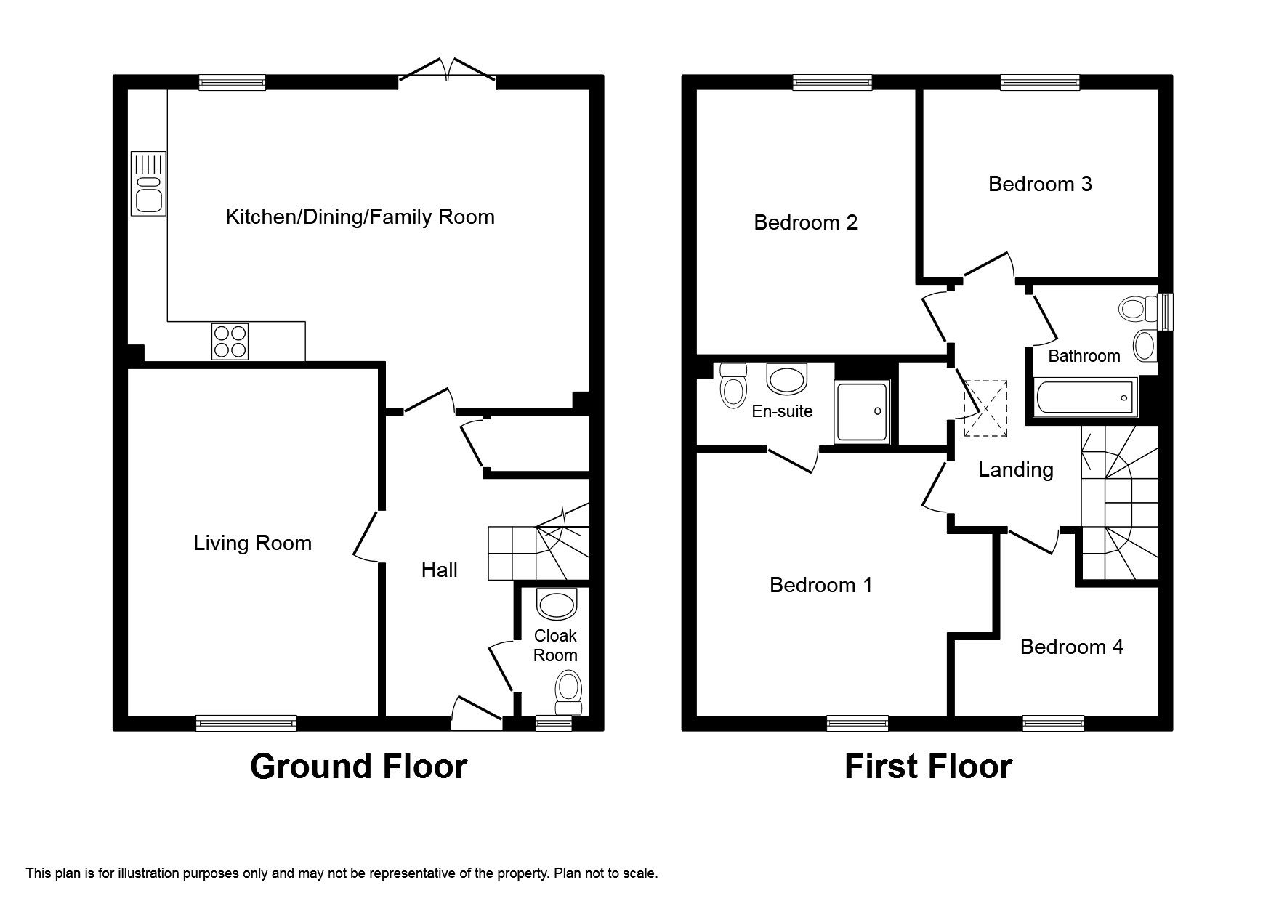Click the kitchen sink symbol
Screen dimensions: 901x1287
[x=148, y=183]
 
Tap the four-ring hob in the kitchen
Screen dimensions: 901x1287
[x=230, y=342]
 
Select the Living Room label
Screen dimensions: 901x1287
[x=252, y=543]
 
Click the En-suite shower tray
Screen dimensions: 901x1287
[x=863, y=411]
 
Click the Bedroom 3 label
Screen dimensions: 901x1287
[x=1039, y=184]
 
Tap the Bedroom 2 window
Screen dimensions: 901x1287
[x=832, y=83]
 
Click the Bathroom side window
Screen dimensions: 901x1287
[x=1165, y=311]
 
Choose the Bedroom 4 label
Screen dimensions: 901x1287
[x=1071, y=647]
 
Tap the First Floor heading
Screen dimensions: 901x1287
[x=927, y=767]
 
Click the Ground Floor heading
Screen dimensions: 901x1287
[x=358, y=767]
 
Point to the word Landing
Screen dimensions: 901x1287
[x=1015, y=469]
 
